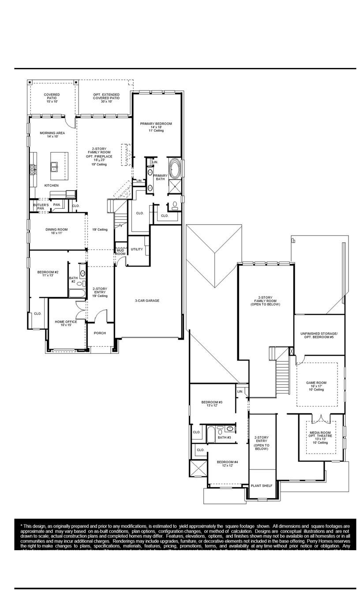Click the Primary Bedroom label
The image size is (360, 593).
click(156, 127)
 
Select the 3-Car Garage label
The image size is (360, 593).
click(147, 300)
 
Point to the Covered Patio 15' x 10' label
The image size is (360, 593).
click(52, 98)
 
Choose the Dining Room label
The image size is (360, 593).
click(56, 231)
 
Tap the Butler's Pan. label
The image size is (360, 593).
click(41, 206)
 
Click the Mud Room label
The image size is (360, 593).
click(120, 252)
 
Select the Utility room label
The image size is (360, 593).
click(137, 249)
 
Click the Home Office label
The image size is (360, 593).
click(66, 323)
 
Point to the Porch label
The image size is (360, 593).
click(100, 333)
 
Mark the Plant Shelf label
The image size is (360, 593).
click(262, 486)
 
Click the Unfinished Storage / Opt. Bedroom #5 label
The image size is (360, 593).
click(319, 335)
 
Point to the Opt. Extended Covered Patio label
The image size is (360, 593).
click(106, 98)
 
